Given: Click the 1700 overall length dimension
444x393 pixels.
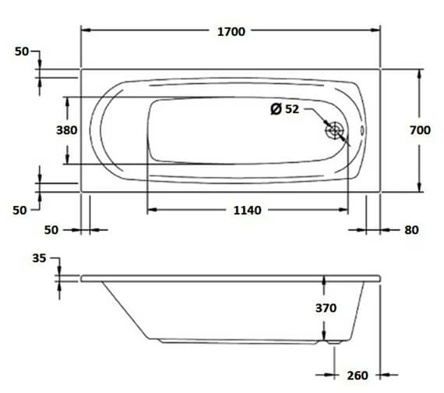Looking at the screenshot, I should click(x=231, y=31).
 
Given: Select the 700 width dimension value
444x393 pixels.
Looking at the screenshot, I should click(x=420, y=130).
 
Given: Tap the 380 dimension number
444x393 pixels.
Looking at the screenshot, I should click(x=67, y=130).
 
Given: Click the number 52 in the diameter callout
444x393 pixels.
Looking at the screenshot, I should click(x=291, y=109).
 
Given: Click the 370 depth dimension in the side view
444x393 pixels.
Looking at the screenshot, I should click(x=326, y=307).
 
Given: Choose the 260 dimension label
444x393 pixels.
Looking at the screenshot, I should click(x=358, y=375).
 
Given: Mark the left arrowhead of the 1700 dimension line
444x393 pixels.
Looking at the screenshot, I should click(x=86, y=31).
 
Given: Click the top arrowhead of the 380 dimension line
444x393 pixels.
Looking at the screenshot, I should click(x=67, y=101).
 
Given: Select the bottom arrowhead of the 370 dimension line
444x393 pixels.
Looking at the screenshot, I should click(x=326, y=339).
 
